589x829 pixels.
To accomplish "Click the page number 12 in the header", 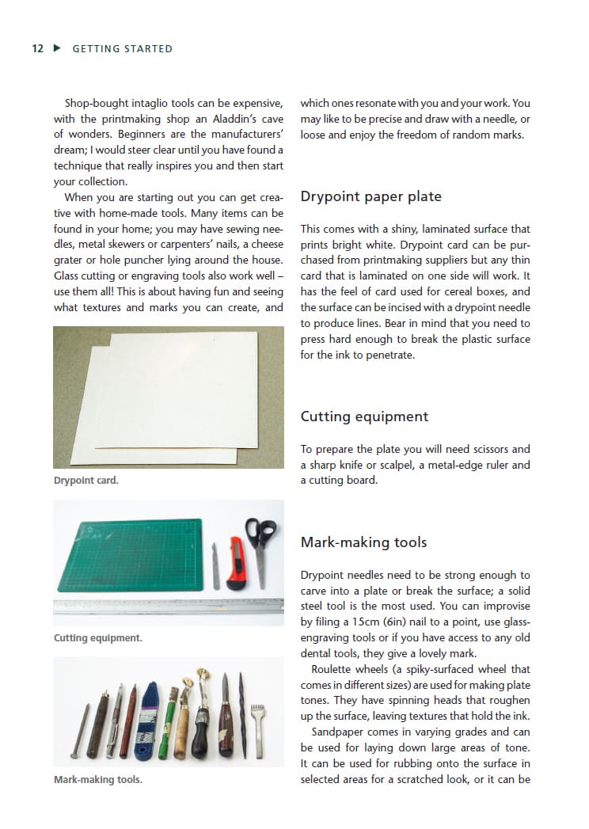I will [37, 48].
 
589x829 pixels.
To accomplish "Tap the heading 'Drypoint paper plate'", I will [371, 196].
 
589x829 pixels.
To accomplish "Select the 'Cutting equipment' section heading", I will [364, 416].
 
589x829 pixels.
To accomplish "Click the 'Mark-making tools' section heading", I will [363, 542].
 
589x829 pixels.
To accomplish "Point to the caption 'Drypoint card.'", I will [85, 480].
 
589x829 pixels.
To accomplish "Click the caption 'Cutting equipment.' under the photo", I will [98, 637].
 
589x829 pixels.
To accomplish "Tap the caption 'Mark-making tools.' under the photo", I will [98, 779].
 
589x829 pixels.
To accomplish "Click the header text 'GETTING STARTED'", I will [122, 48].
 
